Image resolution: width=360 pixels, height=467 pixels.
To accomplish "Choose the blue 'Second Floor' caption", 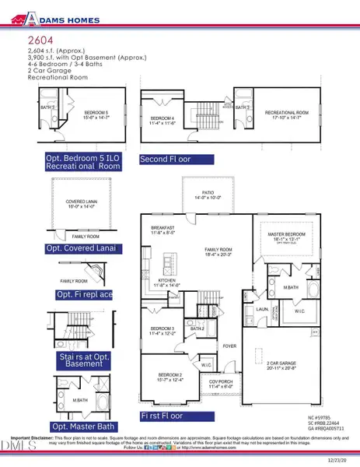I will (x=164, y=159).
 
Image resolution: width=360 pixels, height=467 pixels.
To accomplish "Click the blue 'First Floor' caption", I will (x=167, y=416).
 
